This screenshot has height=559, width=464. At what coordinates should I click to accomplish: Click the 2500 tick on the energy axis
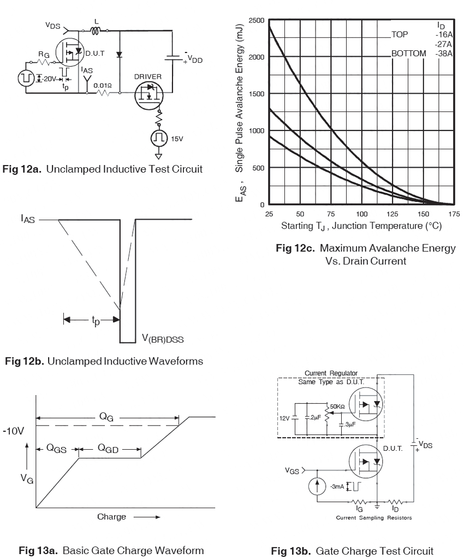pyautogui.click(x=257, y=20)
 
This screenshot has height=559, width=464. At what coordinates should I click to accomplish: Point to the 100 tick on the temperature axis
pyautogui.click(x=362, y=214)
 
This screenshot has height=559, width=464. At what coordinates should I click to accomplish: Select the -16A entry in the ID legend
pyautogui.click(x=444, y=35)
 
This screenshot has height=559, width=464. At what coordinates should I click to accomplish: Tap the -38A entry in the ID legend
pyautogui.click(x=444, y=54)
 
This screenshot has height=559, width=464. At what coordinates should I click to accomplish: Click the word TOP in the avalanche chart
pyautogui.click(x=400, y=34)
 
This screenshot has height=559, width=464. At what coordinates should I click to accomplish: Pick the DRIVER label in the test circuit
pyautogui.click(x=148, y=77)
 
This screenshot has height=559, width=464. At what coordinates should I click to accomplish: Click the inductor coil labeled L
pyautogui.click(x=96, y=31)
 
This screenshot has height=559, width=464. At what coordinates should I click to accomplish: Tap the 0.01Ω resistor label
pyautogui.click(x=103, y=86)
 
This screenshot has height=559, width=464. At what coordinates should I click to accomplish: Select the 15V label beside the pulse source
pyautogui.click(x=177, y=139)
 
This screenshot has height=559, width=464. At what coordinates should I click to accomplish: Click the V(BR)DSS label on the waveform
pyautogui.click(x=163, y=338)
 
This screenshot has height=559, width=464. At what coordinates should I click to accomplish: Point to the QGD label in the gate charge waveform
pyautogui.click(x=108, y=449)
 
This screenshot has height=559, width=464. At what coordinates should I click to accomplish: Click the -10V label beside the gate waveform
pyautogui.click(x=14, y=431)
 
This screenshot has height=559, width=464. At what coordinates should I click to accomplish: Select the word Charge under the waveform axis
pyautogui.click(x=111, y=516)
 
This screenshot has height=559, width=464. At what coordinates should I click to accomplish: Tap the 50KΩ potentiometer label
pyautogui.click(x=337, y=407)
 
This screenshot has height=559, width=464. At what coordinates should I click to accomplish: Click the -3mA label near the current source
pyautogui.click(x=337, y=486)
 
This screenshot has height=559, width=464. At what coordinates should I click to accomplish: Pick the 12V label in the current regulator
pyautogui.click(x=284, y=418)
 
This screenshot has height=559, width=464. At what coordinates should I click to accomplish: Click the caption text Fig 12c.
pyautogui.click(x=295, y=248)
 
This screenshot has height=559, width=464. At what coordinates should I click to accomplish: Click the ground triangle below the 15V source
pyautogui.click(x=159, y=156)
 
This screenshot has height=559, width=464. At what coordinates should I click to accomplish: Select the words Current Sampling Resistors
pyautogui.click(x=374, y=517)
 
